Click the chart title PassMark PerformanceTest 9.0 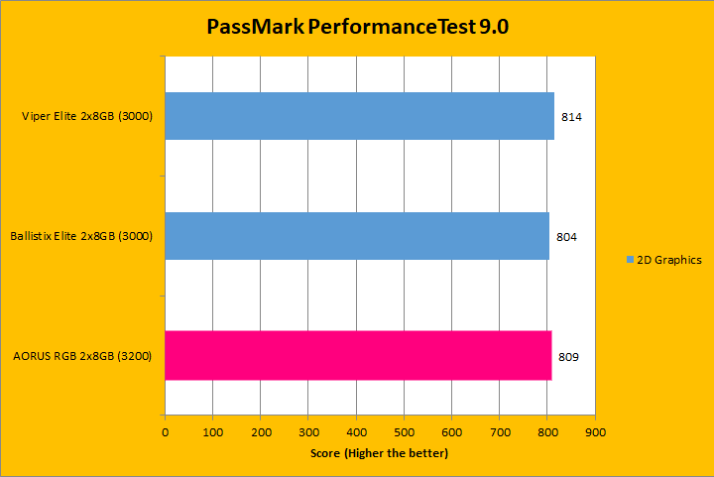coord(357,27)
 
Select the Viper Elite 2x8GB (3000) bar coord(359,116)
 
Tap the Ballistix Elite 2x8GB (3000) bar coord(357,236)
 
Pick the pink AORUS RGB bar coord(358,355)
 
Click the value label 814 coord(571,117)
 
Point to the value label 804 coord(566,237)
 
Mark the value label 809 coord(569,356)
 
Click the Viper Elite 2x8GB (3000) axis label coord(86,117)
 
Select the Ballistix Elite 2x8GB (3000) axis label coord(80,237)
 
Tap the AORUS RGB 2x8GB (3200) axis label coord(82,356)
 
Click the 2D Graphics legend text coord(669,260)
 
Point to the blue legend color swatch coord(630,260)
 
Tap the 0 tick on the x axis coord(165,432)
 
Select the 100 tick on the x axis coord(212,432)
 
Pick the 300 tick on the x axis coord(308,432)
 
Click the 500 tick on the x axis coord(404,432)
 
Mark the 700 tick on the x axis coord(500,432)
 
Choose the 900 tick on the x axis coord(595,432)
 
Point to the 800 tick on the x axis coord(547,432)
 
